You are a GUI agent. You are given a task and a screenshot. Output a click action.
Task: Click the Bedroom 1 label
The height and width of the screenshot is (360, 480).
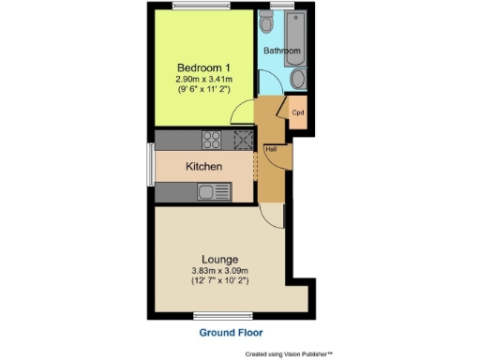(204, 68)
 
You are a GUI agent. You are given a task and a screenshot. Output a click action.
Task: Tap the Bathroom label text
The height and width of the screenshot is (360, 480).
(280, 50)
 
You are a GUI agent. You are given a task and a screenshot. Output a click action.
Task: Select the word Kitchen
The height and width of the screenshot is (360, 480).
(203, 167)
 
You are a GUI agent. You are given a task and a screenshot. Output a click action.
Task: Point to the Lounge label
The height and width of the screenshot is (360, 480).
(219, 259)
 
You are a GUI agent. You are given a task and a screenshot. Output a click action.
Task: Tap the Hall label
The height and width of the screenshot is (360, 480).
(271, 149)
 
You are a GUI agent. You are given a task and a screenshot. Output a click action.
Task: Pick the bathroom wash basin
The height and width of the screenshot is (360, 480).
(297, 80)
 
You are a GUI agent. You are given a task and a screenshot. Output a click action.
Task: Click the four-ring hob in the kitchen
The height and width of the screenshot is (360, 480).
(212, 141)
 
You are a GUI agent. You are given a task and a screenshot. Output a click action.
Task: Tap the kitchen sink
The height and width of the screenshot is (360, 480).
(213, 192)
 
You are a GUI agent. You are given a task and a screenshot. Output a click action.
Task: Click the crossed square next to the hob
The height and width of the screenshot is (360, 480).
(243, 141)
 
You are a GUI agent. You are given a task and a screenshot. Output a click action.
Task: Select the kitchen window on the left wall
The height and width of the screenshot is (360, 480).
(150, 166)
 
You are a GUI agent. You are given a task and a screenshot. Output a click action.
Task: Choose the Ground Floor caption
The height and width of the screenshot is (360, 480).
(230, 333)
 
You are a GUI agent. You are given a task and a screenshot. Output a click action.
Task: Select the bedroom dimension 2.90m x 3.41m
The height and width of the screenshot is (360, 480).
(204, 80)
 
